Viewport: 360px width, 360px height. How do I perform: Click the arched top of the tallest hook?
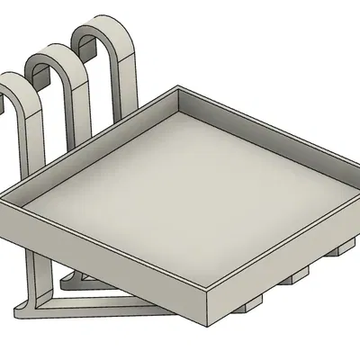click(106, 24)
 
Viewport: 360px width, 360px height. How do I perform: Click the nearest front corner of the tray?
click(209, 306)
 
